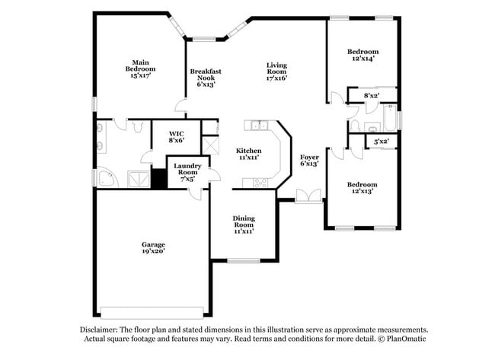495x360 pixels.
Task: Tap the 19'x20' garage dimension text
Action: [x=152, y=250]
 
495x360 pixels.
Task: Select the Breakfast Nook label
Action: [x=206, y=78]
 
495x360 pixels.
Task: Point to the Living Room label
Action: [x=276, y=71]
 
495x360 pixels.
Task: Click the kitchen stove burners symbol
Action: [x=260, y=182]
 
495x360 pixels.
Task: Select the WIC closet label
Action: [x=176, y=136]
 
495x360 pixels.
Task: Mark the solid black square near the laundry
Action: [x=158, y=179]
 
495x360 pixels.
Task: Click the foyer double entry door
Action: [x=308, y=196]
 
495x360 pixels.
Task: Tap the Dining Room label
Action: [x=244, y=225]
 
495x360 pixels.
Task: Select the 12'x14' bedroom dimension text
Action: [x=362, y=58]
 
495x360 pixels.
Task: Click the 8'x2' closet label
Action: [x=372, y=96]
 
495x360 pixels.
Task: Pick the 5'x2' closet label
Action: [x=380, y=141]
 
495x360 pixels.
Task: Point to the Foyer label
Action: [x=309, y=160]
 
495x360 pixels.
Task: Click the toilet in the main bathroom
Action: [x=137, y=126]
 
